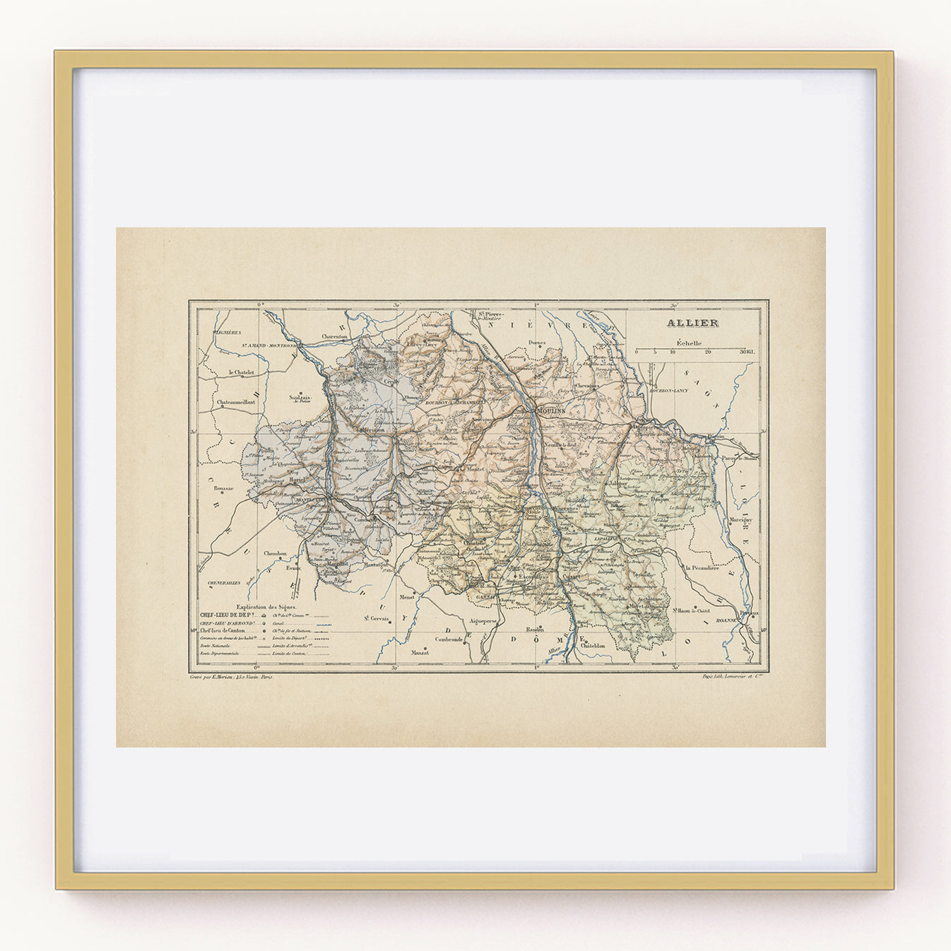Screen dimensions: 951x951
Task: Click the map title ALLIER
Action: pyautogui.click(x=692, y=324)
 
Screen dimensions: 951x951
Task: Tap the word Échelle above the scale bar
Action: pyautogui.click(x=689, y=343)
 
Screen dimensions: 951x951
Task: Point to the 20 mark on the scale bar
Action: pyautogui.click(x=707, y=351)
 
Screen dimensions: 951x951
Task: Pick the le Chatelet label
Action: pyautogui.click(x=241, y=372)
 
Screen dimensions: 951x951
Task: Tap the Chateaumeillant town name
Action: pyautogui.click(x=236, y=402)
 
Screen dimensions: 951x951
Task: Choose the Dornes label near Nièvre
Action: pyautogui.click(x=538, y=343)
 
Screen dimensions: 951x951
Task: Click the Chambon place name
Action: pyautogui.click(x=275, y=553)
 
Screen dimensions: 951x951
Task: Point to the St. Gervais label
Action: pyautogui.click(x=377, y=618)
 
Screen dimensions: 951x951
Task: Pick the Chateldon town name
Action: pyautogui.click(x=593, y=645)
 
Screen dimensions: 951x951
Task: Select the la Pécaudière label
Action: pyautogui.click(x=701, y=567)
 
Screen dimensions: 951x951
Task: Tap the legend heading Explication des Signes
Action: pyautogui.click(x=267, y=606)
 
